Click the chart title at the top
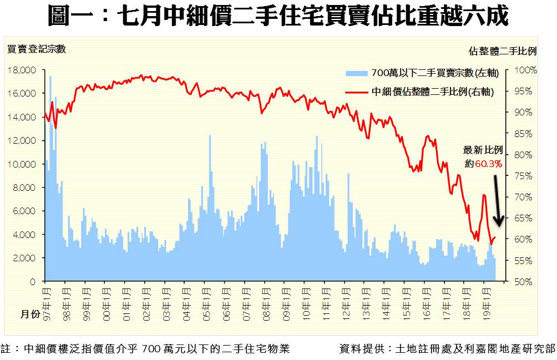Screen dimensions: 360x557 tap(278, 17)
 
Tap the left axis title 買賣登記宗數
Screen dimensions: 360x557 tap(37, 49)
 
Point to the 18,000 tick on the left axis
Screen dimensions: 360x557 tap(23, 70)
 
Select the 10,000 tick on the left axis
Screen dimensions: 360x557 tap(23, 164)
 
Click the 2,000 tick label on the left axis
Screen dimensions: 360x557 tap(25, 258)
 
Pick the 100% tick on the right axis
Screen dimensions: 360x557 tap(526, 70)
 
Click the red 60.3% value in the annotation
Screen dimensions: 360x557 tap(488, 164)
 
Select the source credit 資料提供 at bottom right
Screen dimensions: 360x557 tap(447, 349)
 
